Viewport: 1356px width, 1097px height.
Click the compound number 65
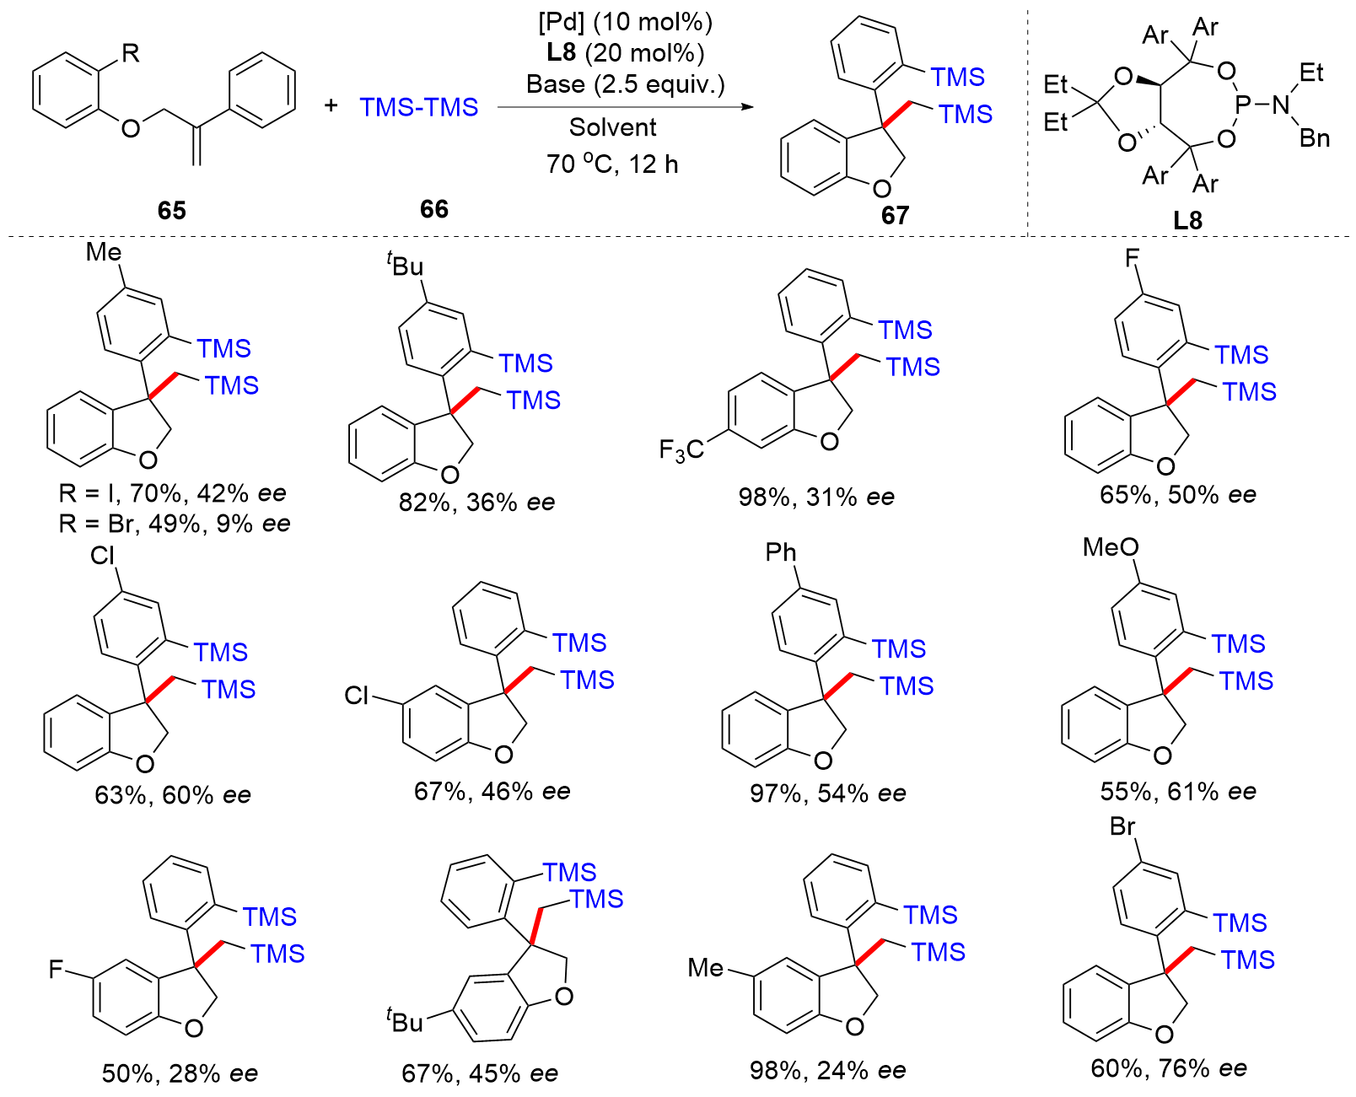click(171, 210)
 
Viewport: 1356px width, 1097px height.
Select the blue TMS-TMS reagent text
click(418, 107)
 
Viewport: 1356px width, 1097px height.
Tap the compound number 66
click(433, 209)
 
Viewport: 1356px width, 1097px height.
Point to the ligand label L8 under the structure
click(1186, 221)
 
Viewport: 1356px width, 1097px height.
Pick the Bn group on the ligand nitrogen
click(1314, 138)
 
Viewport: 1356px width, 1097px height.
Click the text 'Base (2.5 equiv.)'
click(625, 84)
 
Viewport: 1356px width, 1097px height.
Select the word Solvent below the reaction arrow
click(612, 127)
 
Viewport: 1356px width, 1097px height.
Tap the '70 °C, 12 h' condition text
click(612, 164)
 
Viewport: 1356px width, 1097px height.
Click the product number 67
click(895, 216)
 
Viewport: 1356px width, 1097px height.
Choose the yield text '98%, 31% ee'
click(815, 497)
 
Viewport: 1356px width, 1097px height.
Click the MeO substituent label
click(1110, 548)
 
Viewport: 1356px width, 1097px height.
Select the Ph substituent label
click(781, 552)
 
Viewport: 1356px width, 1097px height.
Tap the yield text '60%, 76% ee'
click(1169, 1068)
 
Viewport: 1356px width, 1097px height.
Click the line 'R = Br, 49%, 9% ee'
click(175, 524)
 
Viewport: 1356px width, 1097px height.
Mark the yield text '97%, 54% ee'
click(827, 793)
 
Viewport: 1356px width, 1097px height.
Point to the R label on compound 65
click(131, 55)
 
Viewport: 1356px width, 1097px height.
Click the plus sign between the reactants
click(331, 105)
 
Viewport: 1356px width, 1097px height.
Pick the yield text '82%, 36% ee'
click(476, 503)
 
